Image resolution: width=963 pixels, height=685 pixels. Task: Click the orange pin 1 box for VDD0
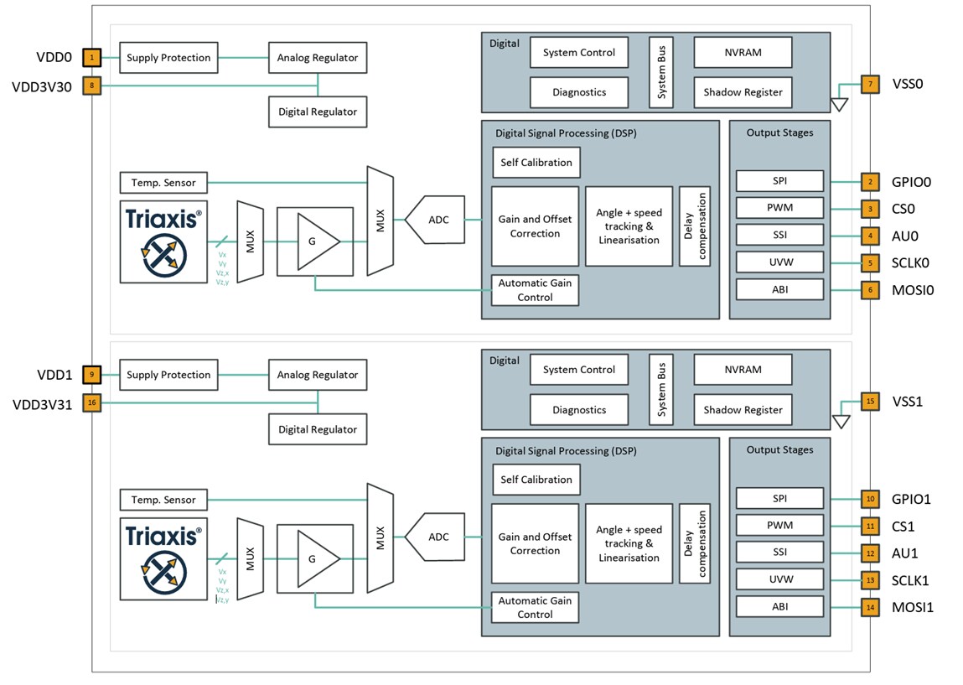pyautogui.click(x=91, y=58)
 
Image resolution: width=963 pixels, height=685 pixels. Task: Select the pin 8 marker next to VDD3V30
pyautogui.click(x=91, y=86)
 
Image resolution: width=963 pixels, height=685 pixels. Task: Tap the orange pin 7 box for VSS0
pyautogui.click(x=870, y=85)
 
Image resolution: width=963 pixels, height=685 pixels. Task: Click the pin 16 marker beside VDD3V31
pyautogui.click(x=91, y=403)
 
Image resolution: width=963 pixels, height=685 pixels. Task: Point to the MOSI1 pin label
pyautogui.click(x=912, y=607)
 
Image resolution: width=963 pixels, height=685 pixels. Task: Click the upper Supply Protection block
pyautogui.click(x=168, y=58)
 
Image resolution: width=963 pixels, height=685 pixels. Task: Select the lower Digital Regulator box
pyautogui.click(x=317, y=429)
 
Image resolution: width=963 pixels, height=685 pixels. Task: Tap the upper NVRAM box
pyautogui.click(x=743, y=52)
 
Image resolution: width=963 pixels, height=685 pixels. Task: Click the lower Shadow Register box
pyautogui.click(x=743, y=410)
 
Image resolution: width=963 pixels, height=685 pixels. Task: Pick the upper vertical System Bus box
pyautogui.click(x=661, y=72)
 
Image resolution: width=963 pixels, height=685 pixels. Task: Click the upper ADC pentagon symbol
pyautogui.click(x=437, y=220)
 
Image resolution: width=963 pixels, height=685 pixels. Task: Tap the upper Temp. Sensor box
pyautogui.click(x=163, y=182)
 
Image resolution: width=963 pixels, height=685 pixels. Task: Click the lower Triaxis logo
pyautogui.click(x=163, y=559)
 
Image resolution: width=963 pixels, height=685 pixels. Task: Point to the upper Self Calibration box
pyautogui.click(x=536, y=162)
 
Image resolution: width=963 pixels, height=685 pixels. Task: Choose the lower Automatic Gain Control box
pyautogui.click(x=536, y=607)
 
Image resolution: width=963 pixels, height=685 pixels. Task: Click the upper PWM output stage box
pyautogui.click(x=779, y=208)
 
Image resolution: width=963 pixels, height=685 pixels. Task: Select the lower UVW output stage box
pyautogui.click(x=779, y=579)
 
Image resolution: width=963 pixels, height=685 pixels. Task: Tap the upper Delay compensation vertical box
pyautogui.click(x=695, y=226)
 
